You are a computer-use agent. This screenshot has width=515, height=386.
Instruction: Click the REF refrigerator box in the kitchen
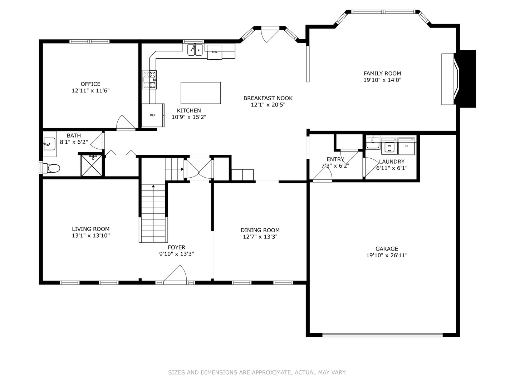[x=153, y=115]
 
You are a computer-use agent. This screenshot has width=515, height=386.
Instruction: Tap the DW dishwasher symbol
[x=215, y=52]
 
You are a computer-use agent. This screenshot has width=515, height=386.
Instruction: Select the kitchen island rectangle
[x=201, y=93]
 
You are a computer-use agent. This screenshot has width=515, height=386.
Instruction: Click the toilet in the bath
[x=51, y=168]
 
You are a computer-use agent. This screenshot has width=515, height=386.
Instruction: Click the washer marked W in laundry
[x=389, y=147]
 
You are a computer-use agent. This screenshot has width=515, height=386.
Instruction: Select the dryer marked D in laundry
[x=407, y=147]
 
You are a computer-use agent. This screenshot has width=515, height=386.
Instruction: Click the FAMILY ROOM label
[x=382, y=73]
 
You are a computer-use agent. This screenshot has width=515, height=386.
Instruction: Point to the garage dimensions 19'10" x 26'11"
[x=387, y=255]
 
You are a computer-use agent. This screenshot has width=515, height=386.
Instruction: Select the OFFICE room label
[x=90, y=84]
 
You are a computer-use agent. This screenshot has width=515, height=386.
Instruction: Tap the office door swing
[x=125, y=122]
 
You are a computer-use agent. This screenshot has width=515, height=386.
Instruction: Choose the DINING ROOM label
[x=260, y=230]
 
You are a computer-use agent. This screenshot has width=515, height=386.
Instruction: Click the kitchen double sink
[x=195, y=50]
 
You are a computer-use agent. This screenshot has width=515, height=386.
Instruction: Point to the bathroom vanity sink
[x=49, y=144]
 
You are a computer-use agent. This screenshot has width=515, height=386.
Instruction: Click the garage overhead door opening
[x=382, y=335]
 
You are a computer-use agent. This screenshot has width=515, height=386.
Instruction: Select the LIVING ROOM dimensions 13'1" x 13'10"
[x=91, y=236]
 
